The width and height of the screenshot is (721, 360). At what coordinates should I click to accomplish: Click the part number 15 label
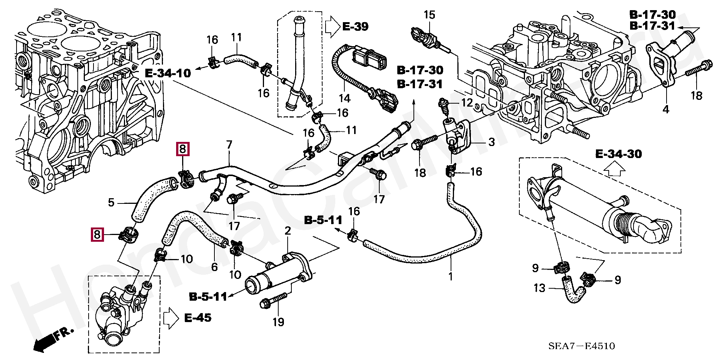pyautogui.click(x=429, y=15)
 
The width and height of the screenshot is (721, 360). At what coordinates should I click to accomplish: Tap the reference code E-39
pyautogui.click(x=355, y=27)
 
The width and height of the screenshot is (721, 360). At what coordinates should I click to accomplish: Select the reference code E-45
pyautogui.click(x=198, y=318)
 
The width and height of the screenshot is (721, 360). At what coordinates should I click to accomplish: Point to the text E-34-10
pyautogui.click(x=168, y=73)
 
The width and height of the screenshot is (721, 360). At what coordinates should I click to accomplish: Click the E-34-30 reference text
pyautogui.click(x=618, y=154)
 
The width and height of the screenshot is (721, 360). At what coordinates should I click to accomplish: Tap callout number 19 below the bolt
pyautogui.click(x=278, y=322)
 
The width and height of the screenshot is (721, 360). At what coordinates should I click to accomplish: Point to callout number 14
pyautogui.click(x=344, y=98)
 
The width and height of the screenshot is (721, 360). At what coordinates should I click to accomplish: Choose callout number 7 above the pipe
pyautogui.click(x=229, y=145)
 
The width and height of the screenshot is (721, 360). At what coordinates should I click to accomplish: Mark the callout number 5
pyautogui.click(x=111, y=203)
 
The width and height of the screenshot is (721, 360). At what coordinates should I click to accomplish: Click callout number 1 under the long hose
pyautogui.click(x=451, y=277)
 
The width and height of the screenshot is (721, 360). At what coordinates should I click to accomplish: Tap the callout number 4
pyautogui.click(x=665, y=110)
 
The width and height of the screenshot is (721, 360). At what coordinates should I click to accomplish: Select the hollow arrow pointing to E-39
pyautogui.click(x=332, y=27)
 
